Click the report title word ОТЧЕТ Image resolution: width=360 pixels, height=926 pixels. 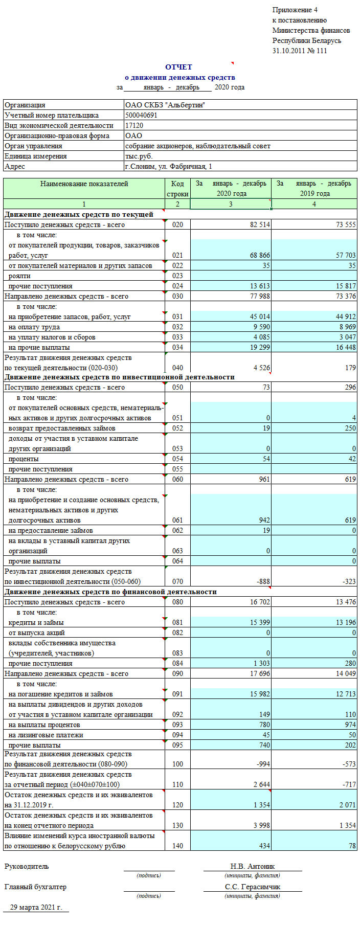(x=178, y=67)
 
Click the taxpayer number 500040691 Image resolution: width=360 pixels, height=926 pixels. (x=141, y=115)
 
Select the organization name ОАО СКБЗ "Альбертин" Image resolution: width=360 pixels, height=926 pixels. (x=165, y=105)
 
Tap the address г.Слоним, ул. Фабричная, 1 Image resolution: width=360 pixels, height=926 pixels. (x=168, y=166)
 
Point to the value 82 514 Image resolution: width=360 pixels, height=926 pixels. (x=260, y=224)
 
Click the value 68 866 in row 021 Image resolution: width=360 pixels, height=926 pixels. (x=260, y=255)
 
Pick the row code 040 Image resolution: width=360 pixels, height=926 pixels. (x=177, y=368)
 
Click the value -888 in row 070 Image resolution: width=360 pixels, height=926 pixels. (x=263, y=581)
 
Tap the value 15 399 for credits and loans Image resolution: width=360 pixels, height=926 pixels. (x=260, y=622)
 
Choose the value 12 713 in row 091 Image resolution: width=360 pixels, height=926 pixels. (x=346, y=694)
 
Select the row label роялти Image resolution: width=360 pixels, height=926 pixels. (x=19, y=276)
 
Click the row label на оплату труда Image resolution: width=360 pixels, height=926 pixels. (x=34, y=327)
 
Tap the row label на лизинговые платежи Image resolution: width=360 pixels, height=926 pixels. (x=46, y=735)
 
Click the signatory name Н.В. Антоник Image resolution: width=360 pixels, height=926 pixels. (x=252, y=866)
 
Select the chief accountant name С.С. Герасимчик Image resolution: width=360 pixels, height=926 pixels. (x=252, y=887)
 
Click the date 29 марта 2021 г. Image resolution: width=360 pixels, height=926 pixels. (x=36, y=907)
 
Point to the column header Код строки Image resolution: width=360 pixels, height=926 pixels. (x=177, y=189)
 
